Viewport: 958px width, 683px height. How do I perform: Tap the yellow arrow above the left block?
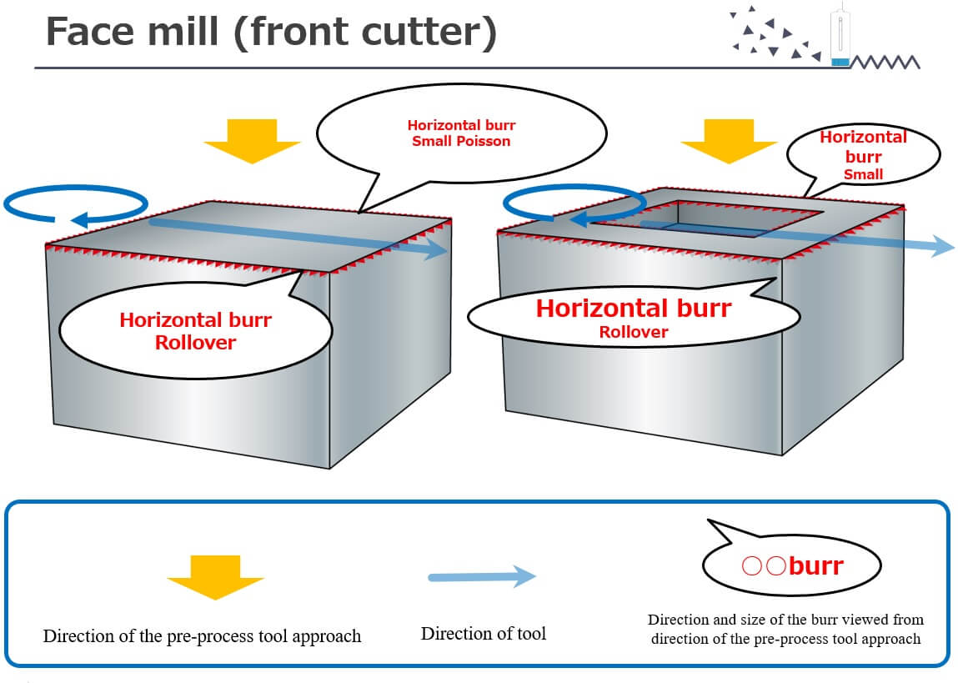(x=252, y=139)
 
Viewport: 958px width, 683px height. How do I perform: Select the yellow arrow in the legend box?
(x=215, y=576)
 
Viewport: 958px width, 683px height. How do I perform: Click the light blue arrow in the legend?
(x=482, y=576)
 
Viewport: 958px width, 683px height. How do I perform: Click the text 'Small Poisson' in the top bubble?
(x=461, y=141)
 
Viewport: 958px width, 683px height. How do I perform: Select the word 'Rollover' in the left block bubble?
(x=196, y=343)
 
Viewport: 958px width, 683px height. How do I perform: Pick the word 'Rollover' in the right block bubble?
(x=634, y=332)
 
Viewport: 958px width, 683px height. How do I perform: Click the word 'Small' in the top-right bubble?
(x=863, y=174)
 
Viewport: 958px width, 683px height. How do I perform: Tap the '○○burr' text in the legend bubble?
(x=793, y=566)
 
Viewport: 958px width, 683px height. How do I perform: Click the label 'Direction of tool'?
(x=483, y=634)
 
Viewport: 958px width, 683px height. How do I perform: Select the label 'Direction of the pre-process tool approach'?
(x=202, y=636)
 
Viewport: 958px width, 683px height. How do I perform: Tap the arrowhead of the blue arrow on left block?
(x=435, y=250)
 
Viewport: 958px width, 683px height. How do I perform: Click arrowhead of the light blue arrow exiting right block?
(x=942, y=247)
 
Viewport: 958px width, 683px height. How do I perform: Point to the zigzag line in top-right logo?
(x=885, y=61)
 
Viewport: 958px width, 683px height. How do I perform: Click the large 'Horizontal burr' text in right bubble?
(x=634, y=308)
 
